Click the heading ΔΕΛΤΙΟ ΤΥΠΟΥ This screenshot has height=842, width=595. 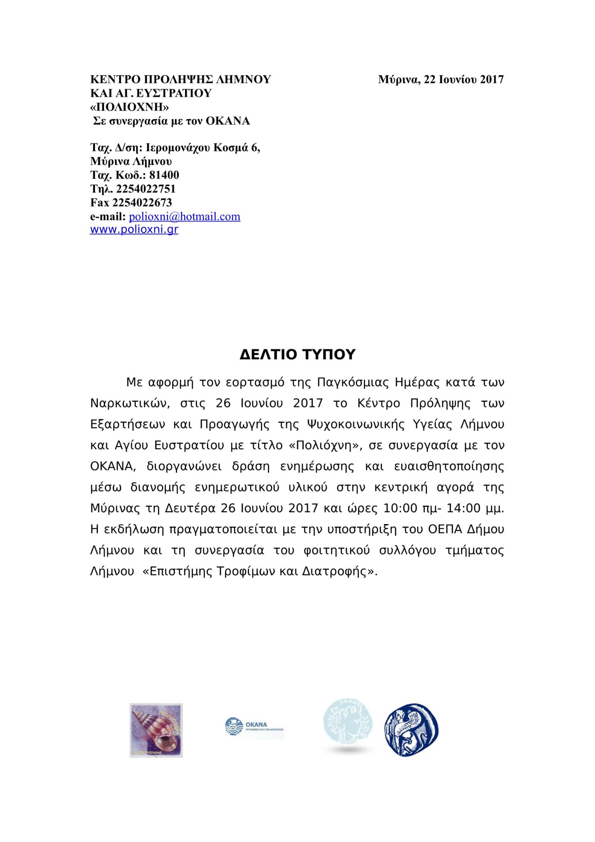pos(297,354)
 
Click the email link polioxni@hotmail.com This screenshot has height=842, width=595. pos(185,217)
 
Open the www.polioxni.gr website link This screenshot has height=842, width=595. pos(134,229)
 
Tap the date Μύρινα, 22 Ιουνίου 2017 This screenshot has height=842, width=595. pos(441,79)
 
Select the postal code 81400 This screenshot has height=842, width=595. pos(164,175)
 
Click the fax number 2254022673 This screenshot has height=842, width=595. pos(142,203)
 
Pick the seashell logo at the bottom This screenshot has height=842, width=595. pos(156,730)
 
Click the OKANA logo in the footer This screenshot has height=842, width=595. pos(254,728)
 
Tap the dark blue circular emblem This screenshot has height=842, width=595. pos(411,729)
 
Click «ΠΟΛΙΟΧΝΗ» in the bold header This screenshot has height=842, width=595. pos(130,107)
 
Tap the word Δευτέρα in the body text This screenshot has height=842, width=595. pos(190,508)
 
